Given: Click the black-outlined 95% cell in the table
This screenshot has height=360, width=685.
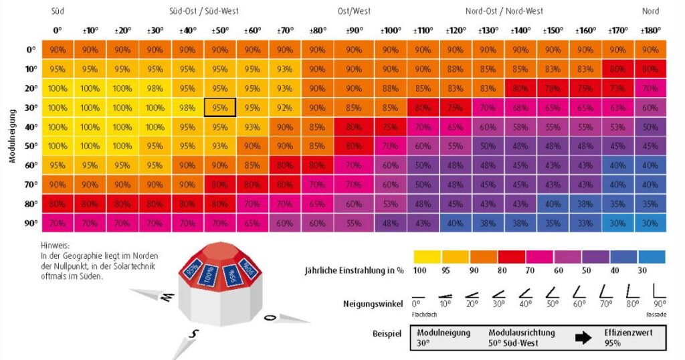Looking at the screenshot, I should (x=220, y=107).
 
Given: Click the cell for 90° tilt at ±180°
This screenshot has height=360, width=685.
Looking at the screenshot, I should (x=650, y=223).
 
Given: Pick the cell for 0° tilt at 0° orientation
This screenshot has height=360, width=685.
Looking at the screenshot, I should (x=58, y=50).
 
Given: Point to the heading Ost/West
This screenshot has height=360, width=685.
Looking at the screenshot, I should (x=354, y=11).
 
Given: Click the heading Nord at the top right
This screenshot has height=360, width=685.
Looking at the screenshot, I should (x=650, y=11).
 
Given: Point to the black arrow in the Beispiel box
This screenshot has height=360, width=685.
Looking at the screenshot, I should (x=583, y=338).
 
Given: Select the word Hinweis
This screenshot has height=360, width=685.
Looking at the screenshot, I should (x=55, y=246).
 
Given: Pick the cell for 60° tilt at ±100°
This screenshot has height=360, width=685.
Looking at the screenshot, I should (x=391, y=165).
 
